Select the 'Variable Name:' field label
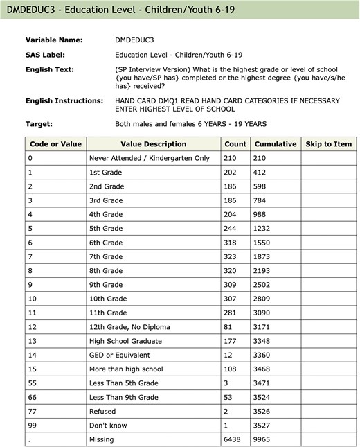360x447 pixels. (x=54, y=40)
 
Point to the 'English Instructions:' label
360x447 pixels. (x=64, y=101)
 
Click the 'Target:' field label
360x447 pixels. (x=40, y=124)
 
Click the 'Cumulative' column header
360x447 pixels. (x=275, y=144)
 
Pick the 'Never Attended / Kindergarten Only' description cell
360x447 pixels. (x=149, y=158)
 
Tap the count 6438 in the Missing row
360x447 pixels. (x=235, y=439)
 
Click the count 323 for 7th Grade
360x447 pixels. (x=233, y=256)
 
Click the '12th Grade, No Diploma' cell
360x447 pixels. (x=129, y=327)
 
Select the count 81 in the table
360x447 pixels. (x=231, y=327)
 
